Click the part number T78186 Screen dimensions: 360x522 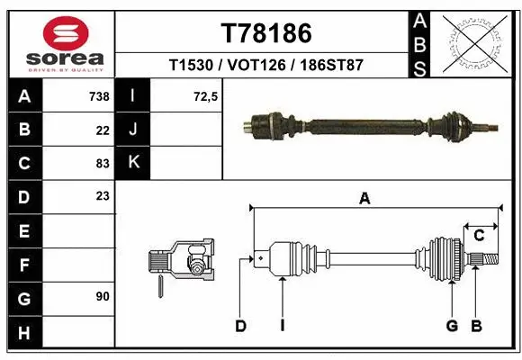tap(266, 33)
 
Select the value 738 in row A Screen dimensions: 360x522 tap(98, 96)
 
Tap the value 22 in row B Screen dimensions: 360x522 tap(102, 130)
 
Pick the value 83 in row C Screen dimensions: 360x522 tap(102, 165)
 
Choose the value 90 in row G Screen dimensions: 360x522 tap(102, 295)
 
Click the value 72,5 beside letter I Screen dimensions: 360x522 tap(206, 96)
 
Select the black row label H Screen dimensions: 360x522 tap(23, 333)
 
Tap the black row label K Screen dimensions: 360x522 tap(133, 163)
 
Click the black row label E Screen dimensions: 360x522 tap(23, 231)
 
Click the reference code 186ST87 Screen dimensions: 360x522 tap(330, 66)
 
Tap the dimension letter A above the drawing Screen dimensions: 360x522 tap(364, 200)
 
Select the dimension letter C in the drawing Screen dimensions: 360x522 tap(480, 236)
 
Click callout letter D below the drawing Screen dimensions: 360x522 tap(241, 326)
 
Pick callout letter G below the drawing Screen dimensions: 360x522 tap(452, 326)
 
